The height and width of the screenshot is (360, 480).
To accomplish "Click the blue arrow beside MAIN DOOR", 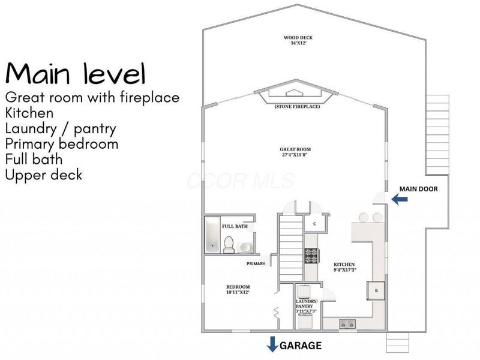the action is (400, 199).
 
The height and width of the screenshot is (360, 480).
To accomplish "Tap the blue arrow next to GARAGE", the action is (272, 344).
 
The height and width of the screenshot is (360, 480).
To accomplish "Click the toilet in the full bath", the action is (229, 245).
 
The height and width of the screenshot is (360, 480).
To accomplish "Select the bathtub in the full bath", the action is (212, 235).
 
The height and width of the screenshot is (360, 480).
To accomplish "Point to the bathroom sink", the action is (245, 247).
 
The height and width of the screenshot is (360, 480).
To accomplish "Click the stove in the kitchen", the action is (312, 256).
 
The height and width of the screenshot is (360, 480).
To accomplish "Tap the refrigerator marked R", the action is (376, 290).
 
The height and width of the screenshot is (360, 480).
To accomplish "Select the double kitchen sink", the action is (347, 323).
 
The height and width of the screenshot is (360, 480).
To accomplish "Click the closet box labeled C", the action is (314, 224).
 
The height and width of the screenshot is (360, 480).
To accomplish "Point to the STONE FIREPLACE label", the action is (297, 107).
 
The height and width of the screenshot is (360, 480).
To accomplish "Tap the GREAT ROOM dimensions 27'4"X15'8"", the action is (295, 155).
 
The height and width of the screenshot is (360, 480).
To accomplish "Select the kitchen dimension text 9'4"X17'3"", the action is (345, 269).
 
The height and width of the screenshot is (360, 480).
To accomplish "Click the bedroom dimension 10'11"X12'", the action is (238, 292).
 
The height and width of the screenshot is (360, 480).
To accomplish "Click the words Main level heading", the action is (75, 73).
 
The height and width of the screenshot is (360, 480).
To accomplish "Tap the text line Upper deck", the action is (44, 175).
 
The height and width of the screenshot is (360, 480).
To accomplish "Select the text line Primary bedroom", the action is (62, 144).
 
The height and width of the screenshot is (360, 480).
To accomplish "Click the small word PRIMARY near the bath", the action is (256, 263).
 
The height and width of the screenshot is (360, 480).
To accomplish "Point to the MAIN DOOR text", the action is (418, 189).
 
